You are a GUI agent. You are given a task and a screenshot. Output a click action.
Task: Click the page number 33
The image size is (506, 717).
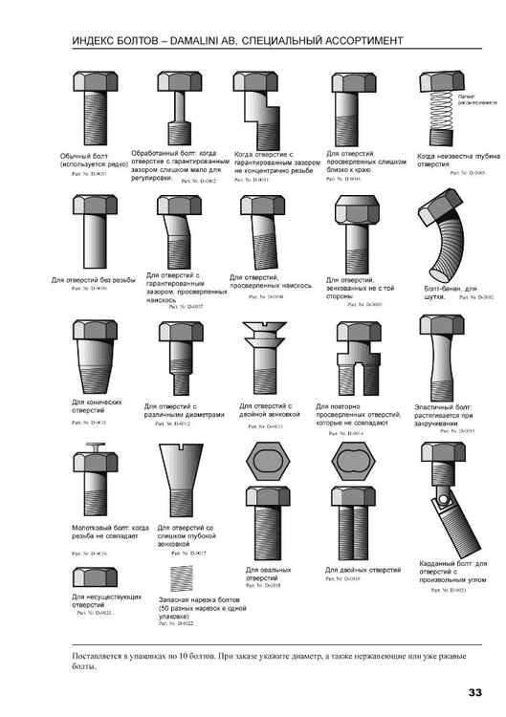click(x=475, y=692)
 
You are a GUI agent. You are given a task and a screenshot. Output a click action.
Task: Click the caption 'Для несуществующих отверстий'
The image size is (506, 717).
click(x=92, y=601)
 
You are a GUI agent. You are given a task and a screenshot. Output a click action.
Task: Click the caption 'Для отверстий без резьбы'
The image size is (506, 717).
click(x=93, y=280)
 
